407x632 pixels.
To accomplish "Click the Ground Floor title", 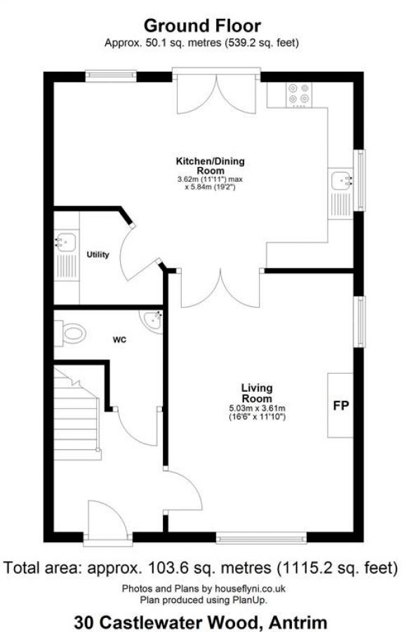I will [x=202, y=26].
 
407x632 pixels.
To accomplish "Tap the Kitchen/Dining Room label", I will [x=211, y=166].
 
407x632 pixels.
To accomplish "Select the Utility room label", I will [x=98, y=254].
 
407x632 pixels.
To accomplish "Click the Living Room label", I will [x=257, y=392].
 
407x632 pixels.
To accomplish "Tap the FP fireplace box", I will [x=341, y=405].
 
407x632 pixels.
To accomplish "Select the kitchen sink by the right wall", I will [x=343, y=181].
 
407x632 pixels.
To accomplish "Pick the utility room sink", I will [x=65, y=242].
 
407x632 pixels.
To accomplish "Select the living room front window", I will [x=261, y=538].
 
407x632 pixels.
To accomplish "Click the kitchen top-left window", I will [x=109, y=73].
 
